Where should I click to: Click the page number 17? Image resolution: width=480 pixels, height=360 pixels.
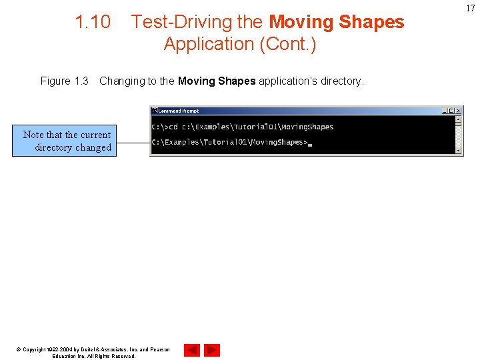coord(471,8)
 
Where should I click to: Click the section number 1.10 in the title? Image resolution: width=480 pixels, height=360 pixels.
coord(93,22)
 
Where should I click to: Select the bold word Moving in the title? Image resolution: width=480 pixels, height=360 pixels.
coord(301,22)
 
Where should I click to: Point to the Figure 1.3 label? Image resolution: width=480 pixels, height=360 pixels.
coord(64,81)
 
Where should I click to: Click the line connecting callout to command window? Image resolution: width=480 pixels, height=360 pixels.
coord(133,142)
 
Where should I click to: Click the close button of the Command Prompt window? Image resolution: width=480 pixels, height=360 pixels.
coord(458,111)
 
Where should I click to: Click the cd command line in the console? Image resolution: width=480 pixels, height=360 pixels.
coord(233,127)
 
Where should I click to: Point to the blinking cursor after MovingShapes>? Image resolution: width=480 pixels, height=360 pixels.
coord(310,143)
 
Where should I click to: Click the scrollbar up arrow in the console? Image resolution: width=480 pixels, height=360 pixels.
coord(458,120)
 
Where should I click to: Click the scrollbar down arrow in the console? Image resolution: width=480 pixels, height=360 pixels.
coord(458,151)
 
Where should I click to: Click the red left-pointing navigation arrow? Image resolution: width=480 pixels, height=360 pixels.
coord(191,350)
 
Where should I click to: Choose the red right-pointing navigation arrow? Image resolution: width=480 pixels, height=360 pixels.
coord(212,350)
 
